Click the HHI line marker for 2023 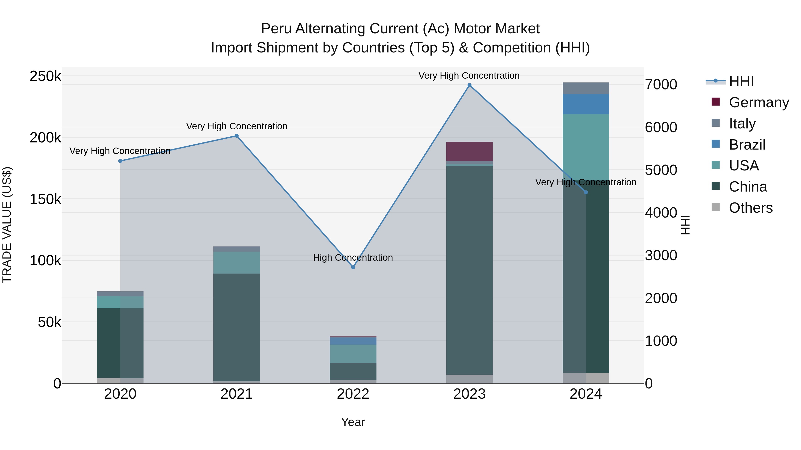pos(469,85)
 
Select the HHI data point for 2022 pos(353,267)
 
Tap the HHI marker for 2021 pos(237,136)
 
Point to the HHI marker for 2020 pos(120,161)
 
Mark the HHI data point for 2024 pos(586,192)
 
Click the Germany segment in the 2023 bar pos(469,151)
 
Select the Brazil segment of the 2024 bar pos(586,104)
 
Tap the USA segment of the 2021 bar pos(237,262)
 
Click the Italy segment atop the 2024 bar pos(586,88)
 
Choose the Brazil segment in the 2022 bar pos(353,341)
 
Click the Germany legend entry pos(759,102)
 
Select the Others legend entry pos(751,208)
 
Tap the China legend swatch pos(716,186)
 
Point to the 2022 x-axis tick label pos(353,394)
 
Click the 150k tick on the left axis pos(45,199)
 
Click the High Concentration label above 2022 pos(353,258)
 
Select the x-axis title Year pos(353,422)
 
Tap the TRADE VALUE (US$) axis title pos(7,225)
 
